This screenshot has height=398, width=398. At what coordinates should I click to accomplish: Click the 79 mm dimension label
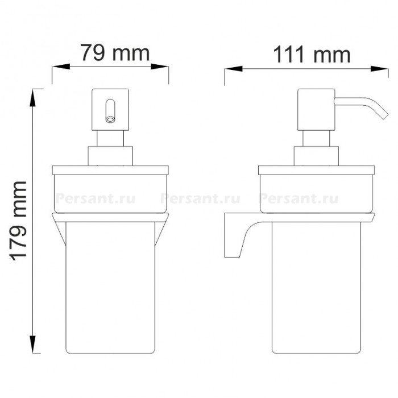[x=115, y=53]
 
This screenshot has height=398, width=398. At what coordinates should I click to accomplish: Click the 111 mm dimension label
[x=312, y=54]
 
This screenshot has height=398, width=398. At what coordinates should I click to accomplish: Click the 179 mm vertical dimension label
[x=18, y=221]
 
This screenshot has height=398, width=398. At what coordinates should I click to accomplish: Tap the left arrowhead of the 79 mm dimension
[x=61, y=67]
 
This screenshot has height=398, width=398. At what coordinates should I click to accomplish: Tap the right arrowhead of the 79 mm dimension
[x=160, y=67]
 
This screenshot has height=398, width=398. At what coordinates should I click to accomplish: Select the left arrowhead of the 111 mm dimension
[x=234, y=69]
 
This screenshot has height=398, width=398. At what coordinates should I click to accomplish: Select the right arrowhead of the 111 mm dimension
[x=379, y=69]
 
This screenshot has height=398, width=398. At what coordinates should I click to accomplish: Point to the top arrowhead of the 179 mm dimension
[x=33, y=98]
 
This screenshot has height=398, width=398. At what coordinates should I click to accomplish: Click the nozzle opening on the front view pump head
[x=110, y=119]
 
